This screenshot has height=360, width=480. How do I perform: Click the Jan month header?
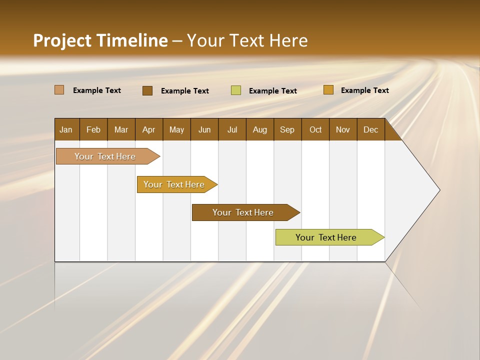(66, 129)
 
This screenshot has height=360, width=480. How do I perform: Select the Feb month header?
(93, 129)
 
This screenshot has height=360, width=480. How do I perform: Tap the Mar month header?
(121, 129)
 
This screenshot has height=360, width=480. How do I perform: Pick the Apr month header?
(149, 129)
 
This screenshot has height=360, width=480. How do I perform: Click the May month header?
(176, 129)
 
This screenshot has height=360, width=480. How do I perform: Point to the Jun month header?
(204, 129)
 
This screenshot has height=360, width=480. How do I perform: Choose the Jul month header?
(232, 129)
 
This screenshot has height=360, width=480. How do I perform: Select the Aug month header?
(260, 129)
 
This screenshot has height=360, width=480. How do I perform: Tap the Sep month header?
(287, 129)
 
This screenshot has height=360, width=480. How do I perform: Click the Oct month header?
(315, 129)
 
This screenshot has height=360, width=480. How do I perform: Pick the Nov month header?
(343, 129)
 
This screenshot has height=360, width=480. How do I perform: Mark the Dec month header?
(371, 129)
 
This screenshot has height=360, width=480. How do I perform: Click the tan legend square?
(59, 90)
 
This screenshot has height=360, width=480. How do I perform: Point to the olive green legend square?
(236, 90)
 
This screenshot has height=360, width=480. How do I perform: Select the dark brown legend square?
(147, 90)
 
